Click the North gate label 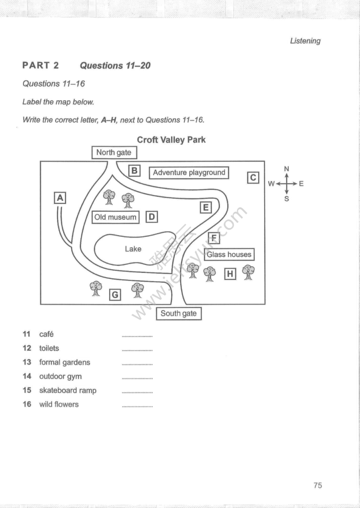tap(114, 152)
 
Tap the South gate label tap(178, 314)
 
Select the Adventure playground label tap(189, 173)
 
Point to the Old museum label tap(115, 217)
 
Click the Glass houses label tap(229, 254)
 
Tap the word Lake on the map tap(133, 249)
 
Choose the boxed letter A tap(60, 198)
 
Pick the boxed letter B tap(134, 171)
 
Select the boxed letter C tap(253, 177)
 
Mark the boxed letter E tap(206, 207)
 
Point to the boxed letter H tap(229, 273)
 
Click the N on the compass tap(287, 169)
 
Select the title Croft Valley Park tap(171, 140)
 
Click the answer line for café tap(137, 336)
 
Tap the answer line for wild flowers tap(137, 406)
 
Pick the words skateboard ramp tap(68, 390)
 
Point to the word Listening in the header tap(305, 41)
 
